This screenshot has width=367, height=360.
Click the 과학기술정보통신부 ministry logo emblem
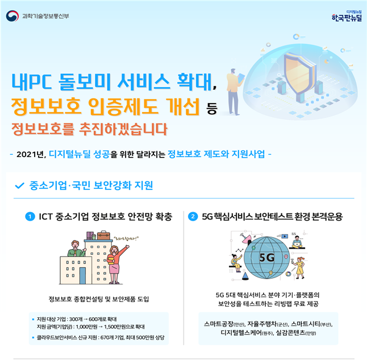[x=12, y=15]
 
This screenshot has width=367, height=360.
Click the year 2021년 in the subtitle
[x=31, y=154]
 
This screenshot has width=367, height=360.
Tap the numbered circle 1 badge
[x=30, y=217]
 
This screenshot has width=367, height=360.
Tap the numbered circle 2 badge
[x=193, y=217]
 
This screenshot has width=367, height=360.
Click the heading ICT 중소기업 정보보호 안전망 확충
[x=105, y=217]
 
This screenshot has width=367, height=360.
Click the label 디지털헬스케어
[x=240, y=333]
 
